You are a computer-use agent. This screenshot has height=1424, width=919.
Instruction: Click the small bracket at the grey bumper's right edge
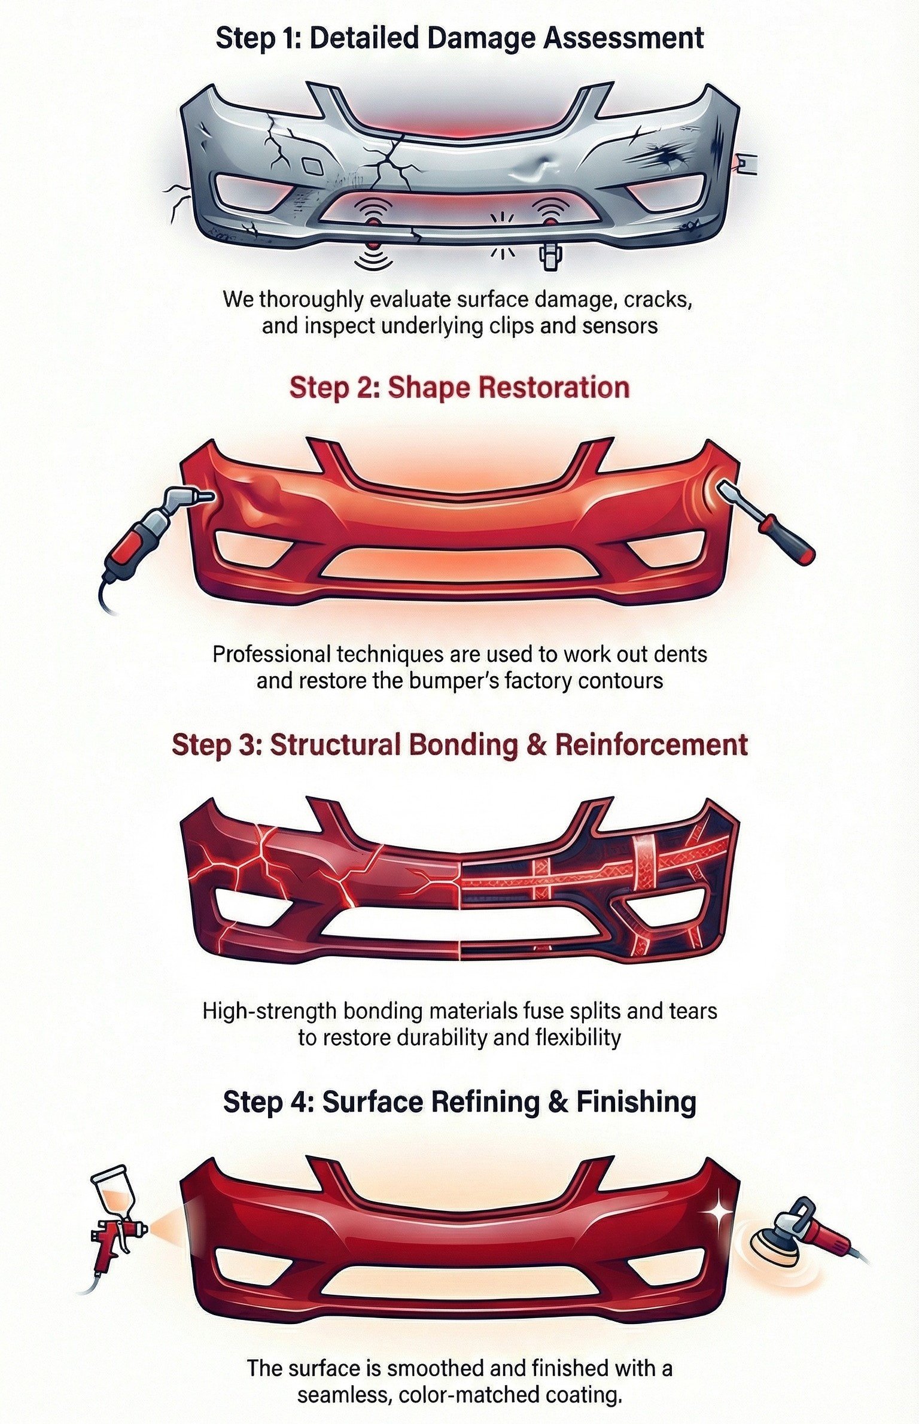[x=747, y=162]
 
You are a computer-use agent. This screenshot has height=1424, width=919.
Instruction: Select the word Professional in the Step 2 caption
[x=271, y=654]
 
